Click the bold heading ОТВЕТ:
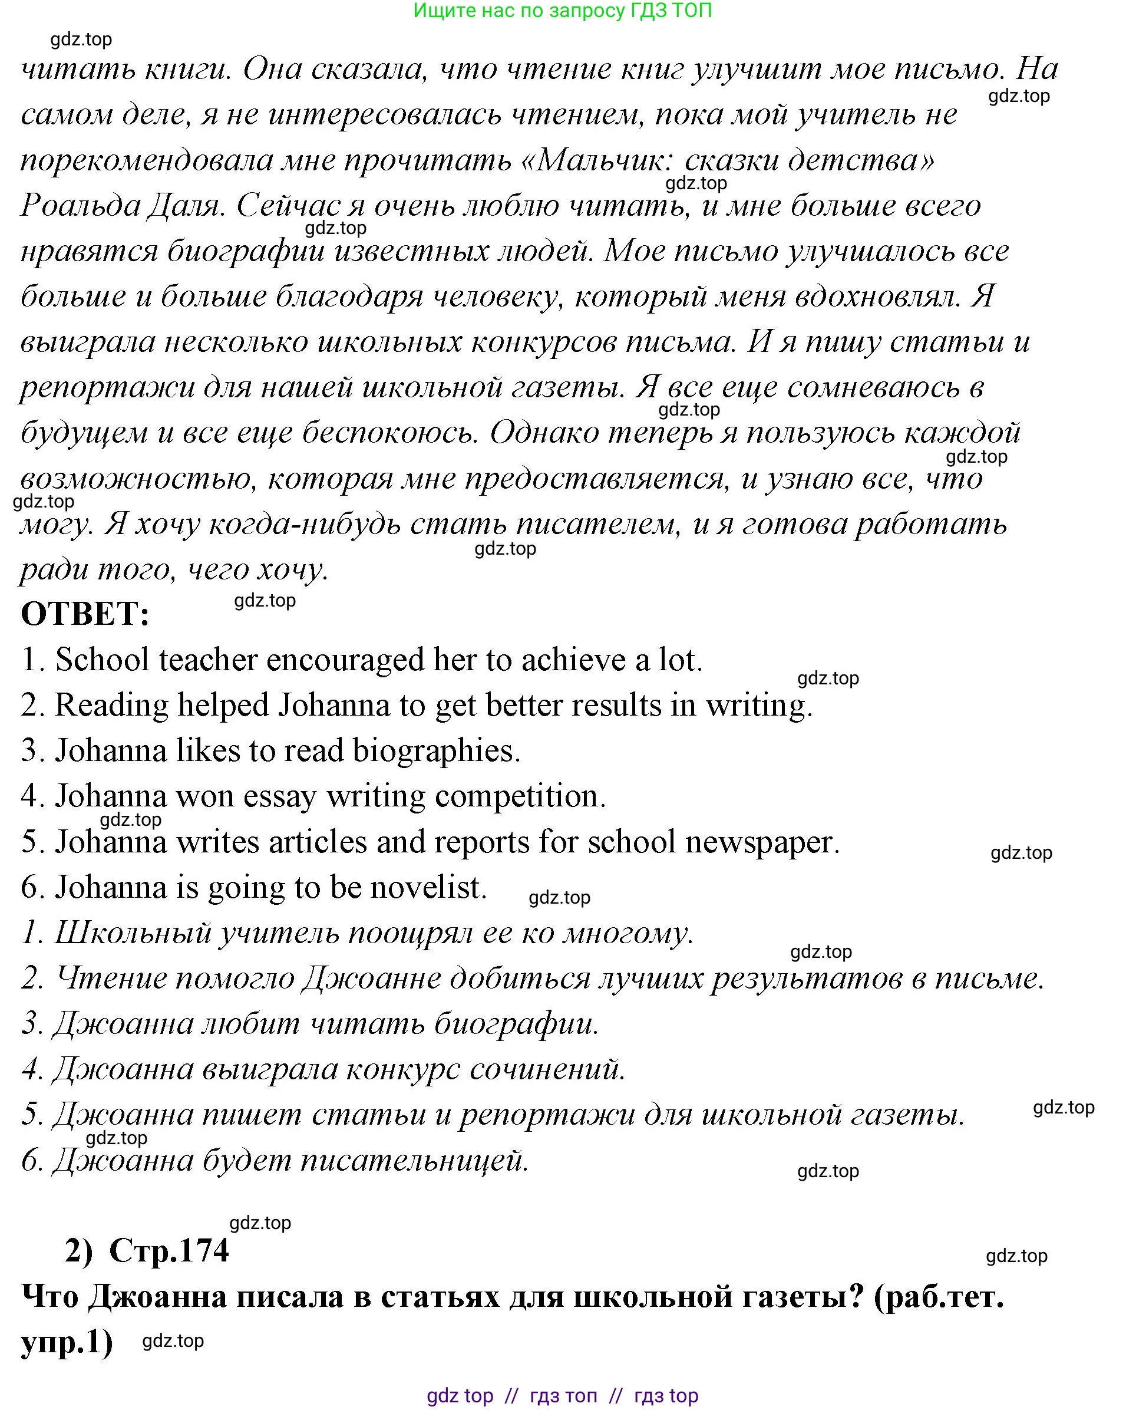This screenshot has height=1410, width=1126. coord(85,614)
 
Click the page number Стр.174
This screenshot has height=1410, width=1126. coord(169,1250)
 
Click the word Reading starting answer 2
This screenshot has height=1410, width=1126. coord(112,706)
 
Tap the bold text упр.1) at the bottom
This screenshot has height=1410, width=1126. coord(67,1342)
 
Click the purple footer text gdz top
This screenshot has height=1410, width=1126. coord(460,1396)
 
